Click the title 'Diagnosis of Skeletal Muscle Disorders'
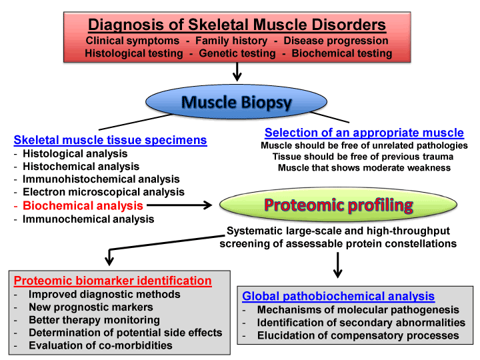[x=237, y=25]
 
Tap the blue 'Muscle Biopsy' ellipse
[x=236, y=101]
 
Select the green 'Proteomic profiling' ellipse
[x=338, y=205]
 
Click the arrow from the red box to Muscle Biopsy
[x=237, y=72]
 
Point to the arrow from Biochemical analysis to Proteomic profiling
[x=179, y=205]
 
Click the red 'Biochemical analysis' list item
[x=83, y=205]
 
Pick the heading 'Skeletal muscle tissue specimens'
[x=110, y=140]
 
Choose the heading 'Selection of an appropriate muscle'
[x=364, y=133]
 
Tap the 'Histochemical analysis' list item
[x=81, y=166]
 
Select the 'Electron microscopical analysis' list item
[x=104, y=192]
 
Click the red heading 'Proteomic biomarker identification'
[x=113, y=281]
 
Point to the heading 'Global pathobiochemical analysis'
[x=338, y=296]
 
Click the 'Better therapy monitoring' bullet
[x=94, y=320]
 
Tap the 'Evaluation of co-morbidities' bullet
[x=101, y=345]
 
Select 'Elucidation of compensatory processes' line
[x=358, y=335]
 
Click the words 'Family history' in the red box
[x=231, y=41]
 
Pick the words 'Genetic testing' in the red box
[x=237, y=53]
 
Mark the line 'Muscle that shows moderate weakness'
[x=364, y=168]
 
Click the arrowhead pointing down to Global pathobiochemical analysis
[x=337, y=273]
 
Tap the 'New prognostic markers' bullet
[x=91, y=307]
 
